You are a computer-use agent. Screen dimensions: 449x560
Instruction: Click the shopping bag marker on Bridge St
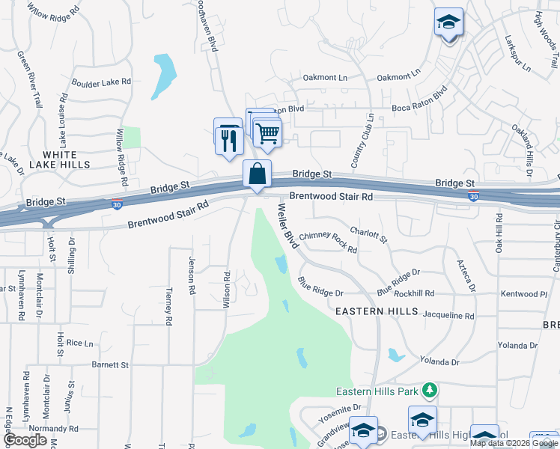point(257,174)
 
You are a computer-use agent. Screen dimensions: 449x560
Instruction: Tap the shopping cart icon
point(267,135)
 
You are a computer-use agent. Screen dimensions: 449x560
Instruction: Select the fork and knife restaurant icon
point(228,139)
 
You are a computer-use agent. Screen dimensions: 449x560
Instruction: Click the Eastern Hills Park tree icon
point(429,390)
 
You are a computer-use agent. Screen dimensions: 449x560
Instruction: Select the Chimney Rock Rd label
point(328,242)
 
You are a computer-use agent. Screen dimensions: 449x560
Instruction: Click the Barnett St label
point(111,365)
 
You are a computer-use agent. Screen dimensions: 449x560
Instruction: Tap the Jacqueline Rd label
point(448,317)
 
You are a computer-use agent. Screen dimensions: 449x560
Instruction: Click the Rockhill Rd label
point(434,293)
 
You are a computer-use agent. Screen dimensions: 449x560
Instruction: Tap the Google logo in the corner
point(25,440)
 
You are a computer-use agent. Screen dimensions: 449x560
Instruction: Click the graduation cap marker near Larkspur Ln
point(449,23)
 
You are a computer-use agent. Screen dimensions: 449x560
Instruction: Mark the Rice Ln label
point(79,343)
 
